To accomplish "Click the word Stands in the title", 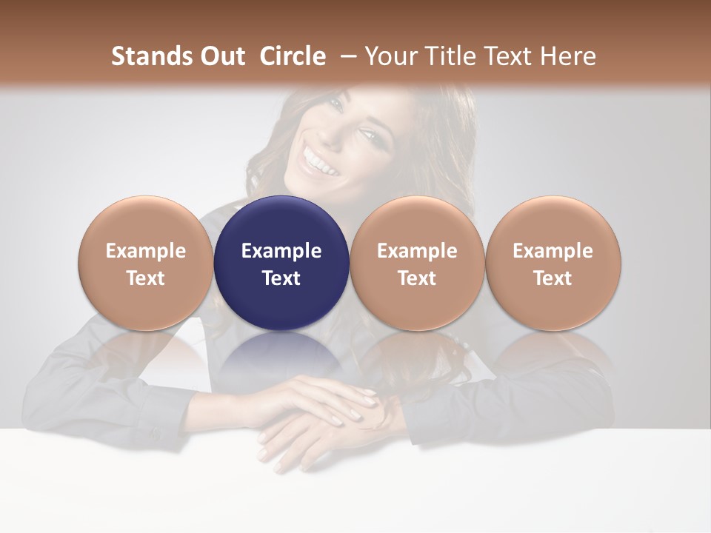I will click(x=145, y=56).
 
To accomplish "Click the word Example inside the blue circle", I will click(x=281, y=251).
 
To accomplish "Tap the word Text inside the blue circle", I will click(x=281, y=278).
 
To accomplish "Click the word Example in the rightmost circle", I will click(x=553, y=251).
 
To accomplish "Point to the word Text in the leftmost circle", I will click(x=145, y=278).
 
